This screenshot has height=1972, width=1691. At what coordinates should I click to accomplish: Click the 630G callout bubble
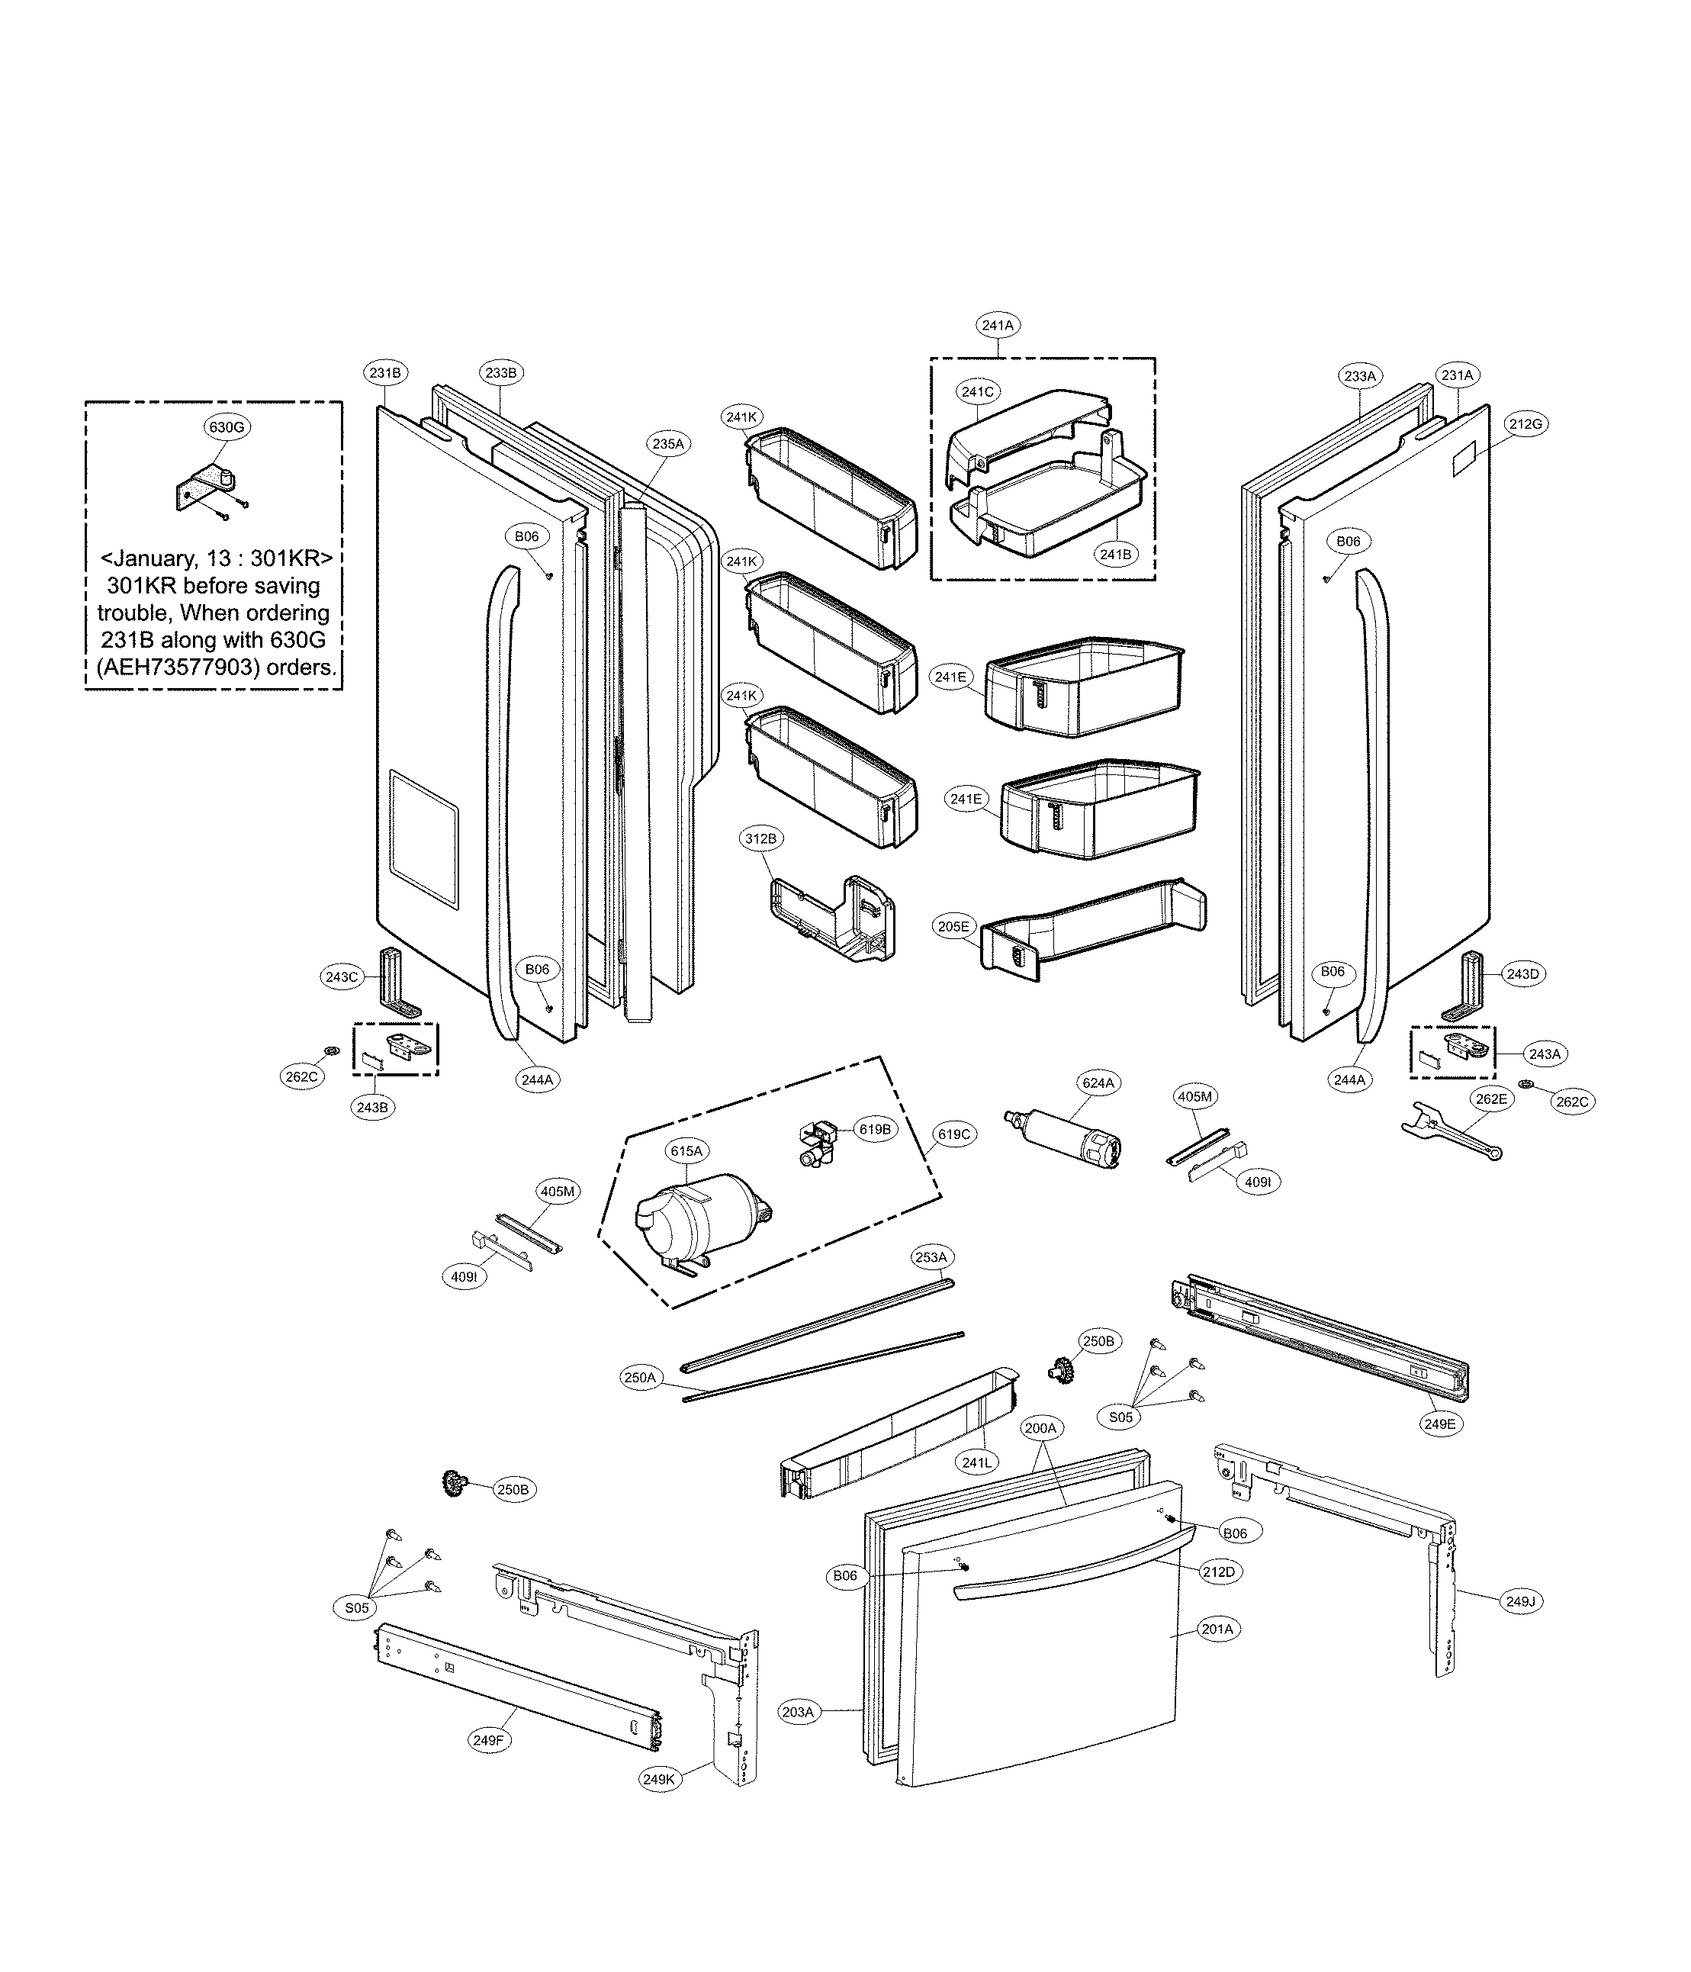(x=227, y=427)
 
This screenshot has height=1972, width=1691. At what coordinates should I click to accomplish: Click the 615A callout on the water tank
(x=686, y=1150)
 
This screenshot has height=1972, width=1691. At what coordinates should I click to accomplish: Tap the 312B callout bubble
(x=760, y=838)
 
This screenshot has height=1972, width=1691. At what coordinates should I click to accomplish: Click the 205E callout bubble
(x=953, y=926)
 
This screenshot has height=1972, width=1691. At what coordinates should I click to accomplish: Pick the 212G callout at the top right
(x=1525, y=423)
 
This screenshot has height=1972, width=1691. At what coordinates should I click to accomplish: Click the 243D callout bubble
(x=1522, y=973)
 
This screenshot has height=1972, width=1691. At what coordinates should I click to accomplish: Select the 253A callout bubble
(x=931, y=1257)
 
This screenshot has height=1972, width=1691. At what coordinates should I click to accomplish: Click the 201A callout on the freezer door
(x=1217, y=1629)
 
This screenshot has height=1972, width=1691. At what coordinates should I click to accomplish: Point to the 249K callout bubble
(x=658, y=1777)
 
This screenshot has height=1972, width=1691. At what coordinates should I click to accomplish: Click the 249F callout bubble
(x=488, y=1740)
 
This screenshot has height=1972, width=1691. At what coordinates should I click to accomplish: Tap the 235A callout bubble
(x=667, y=443)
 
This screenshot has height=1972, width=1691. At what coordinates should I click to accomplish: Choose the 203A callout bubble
(x=797, y=1711)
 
